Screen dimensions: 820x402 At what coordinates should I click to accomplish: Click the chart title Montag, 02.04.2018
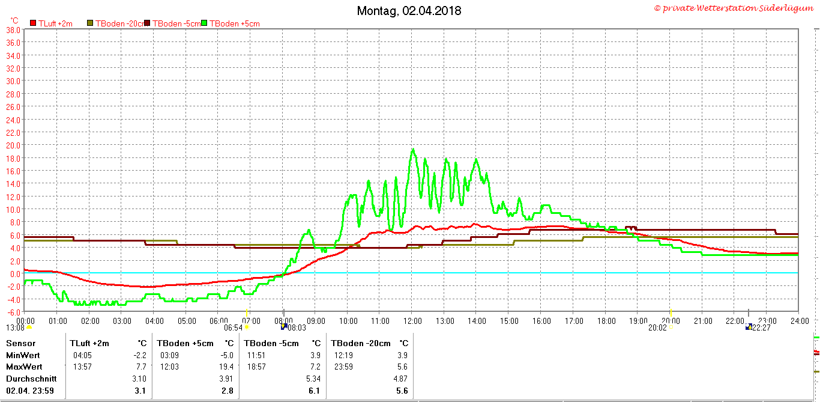[x=409, y=11]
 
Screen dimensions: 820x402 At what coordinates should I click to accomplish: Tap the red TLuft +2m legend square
[x=33, y=23]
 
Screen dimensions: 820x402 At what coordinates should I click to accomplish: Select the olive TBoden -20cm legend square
[x=90, y=23]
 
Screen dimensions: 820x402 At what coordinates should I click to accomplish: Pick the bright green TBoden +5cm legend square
[x=204, y=23]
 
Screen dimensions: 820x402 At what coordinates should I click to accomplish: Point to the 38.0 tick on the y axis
[x=13, y=30]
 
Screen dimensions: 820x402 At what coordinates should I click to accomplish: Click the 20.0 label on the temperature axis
[x=13, y=145]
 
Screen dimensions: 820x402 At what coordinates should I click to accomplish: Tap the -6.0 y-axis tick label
[x=13, y=312]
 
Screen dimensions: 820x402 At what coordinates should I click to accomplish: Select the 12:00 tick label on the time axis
[x=412, y=321]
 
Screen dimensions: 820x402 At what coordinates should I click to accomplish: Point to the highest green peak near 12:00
[x=413, y=149]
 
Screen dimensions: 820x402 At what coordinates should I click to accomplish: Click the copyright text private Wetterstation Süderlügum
[x=734, y=8]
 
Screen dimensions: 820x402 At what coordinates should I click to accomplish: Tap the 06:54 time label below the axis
[x=233, y=327]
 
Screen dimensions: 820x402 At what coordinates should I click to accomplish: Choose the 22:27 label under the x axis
[x=761, y=327]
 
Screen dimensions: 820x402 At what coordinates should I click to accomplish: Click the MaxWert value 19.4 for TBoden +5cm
[x=226, y=367]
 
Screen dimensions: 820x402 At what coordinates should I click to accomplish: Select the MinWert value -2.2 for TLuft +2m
[x=140, y=355]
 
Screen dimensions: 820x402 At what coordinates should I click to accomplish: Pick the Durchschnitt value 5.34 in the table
[x=313, y=379]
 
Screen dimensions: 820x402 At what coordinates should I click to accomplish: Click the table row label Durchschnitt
[x=31, y=379]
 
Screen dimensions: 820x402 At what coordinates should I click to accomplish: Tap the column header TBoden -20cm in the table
[x=361, y=343]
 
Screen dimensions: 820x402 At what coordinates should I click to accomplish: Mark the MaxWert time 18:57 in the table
[x=256, y=367]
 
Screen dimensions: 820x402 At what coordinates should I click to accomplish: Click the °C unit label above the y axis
[x=14, y=20]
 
